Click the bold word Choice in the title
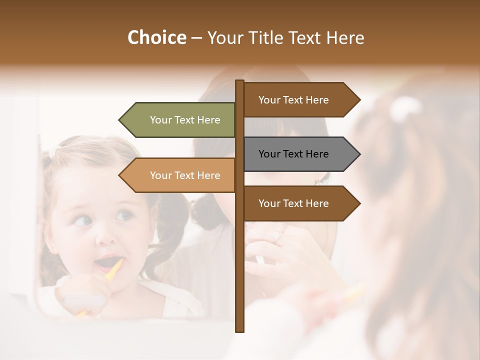coord(156,38)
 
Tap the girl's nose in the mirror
coord(105,235)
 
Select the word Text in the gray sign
coord(293,154)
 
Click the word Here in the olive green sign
coord(208,120)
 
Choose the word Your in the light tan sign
coord(160,175)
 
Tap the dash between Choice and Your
coord(196,38)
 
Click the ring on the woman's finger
coord(278,236)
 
